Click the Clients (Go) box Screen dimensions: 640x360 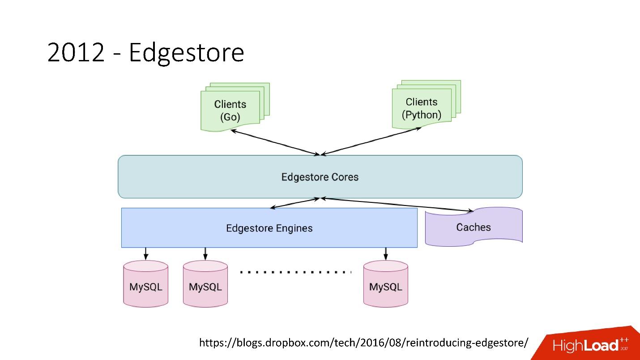pyautogui.click(x=235, y=107)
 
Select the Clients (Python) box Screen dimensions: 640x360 pyautogui.click(x=426, y=105)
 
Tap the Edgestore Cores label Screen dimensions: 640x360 pyautogui.click(x=320, y=177)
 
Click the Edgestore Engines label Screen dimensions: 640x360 pyautogui.click(x=269, y=228)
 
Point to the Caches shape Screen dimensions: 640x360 pyautogui.click(x=474, y=227)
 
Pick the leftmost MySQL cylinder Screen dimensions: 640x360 pyautogui.click(x=146, y=283)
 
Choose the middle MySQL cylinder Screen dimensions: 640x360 pyautogui.click(x=205, y=283)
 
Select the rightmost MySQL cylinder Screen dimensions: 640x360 pyautogui.click(x=385, y=283)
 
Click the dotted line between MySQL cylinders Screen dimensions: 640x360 pyautogui.click(x=296, y=272)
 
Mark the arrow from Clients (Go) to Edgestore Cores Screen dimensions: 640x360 pyautogui.click(x=275, y=142)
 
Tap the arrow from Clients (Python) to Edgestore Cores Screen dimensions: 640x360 pyautogui.click(x=371, y=141)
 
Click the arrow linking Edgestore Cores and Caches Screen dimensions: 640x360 pyautogui.click(x=397, y=205)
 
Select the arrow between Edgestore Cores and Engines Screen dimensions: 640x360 pyautogui.click(x=294, y=203)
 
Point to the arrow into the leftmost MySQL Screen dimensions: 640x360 pyautogui.click(x=146, y=253)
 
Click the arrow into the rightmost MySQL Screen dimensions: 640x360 pyautogui.click(x=385, y=253)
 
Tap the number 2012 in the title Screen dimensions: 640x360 pyautogui.click(x=76, y=52)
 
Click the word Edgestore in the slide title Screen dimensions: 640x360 pyautogui.click(x=187, y=53)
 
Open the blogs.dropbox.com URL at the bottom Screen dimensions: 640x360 pyautogui.click(x=364, y=343)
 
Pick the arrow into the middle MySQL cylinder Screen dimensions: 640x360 pyautogui.click(x=205, y=253)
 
